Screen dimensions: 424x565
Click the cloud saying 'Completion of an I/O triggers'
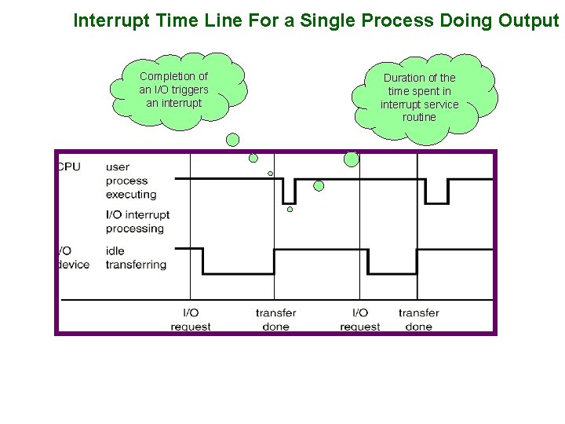[173, 90]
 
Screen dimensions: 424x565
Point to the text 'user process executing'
[131, 181]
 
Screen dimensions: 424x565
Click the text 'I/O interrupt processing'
[137, 221]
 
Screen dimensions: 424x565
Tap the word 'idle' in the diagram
[115, 251]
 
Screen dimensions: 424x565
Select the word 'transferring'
[136, 265]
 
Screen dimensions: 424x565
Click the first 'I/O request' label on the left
[191, 320]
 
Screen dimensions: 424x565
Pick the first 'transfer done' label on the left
[275, 320]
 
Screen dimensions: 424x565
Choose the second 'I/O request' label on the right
[360, 320]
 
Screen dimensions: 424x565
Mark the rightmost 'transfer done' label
[419, 320]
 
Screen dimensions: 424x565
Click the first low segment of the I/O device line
[239, 273]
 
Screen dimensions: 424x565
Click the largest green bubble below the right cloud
[352, 159]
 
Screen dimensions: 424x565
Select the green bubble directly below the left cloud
[232, 141]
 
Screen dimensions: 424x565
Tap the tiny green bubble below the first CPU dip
[290, 210]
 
